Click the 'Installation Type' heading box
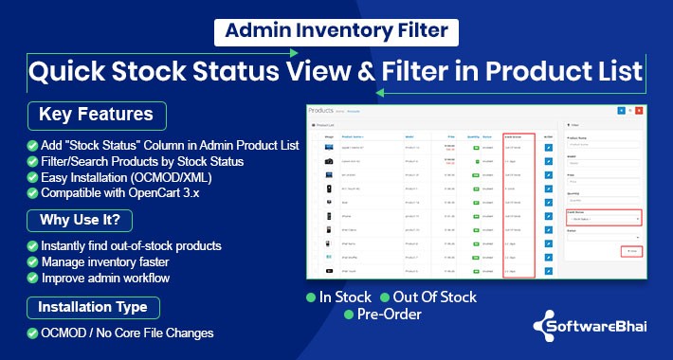coord(92,308)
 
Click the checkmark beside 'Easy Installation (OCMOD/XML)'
coord(33,176)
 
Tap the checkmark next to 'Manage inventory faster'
coord(33,262)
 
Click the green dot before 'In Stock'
coord(312,297)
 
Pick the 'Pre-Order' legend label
coord(390,315)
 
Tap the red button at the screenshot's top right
coord(639,110)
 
